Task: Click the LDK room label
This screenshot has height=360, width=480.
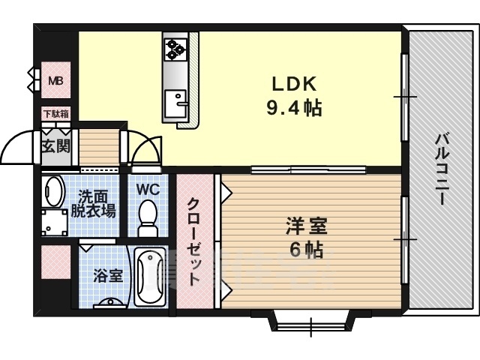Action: point(294,84)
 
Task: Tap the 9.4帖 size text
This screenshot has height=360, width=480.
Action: point(294,108)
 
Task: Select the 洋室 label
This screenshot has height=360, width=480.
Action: point(307,226)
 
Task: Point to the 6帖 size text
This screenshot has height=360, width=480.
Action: point(307,250)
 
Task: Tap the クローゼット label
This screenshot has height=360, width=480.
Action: point(194,241)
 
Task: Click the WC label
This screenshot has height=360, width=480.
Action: point(148,190)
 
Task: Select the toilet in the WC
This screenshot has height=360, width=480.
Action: point(148,218)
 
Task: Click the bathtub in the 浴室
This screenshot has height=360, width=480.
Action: point(150,277)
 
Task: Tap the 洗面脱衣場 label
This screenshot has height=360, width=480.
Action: point(93,203)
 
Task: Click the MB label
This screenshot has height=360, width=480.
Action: point(56,81)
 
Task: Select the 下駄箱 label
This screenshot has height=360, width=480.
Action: point(56,113)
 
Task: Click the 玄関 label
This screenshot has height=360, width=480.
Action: point(56,146)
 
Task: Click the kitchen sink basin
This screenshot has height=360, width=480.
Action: point(175,103)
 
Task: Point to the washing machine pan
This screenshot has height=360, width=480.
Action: point(55,222)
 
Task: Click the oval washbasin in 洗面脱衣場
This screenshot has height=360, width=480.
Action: point(54,191)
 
